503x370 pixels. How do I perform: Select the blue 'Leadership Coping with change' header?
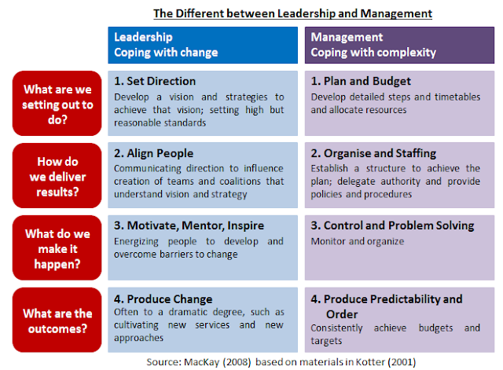coord(204,44)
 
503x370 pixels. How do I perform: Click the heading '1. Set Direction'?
coord(156,81)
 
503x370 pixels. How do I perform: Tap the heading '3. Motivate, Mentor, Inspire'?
coord(189,225)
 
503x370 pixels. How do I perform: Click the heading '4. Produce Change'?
coord(163,299)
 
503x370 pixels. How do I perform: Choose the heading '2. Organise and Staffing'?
coord(373,154)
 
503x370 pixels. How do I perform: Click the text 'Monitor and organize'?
coord(357,242)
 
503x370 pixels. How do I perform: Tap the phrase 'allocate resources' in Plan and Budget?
coord(372,111)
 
